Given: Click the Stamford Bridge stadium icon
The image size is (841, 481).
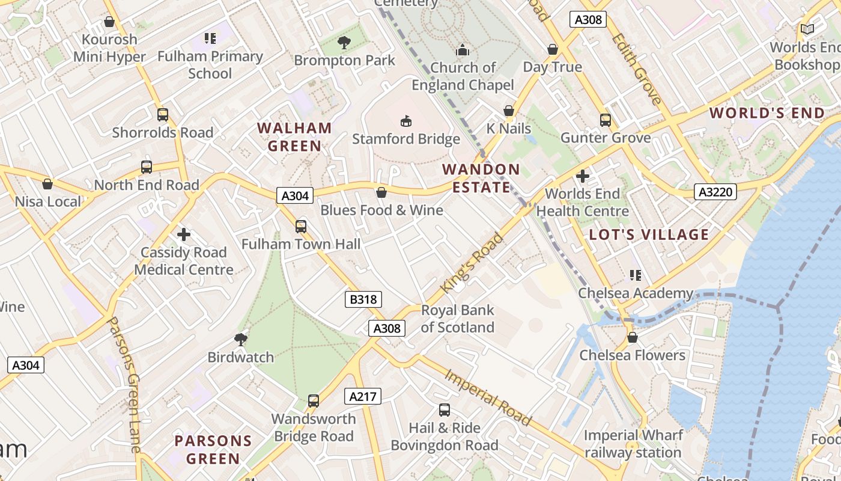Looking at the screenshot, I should (x=406, y=121).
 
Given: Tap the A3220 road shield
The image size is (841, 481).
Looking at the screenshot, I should (x=715, y=192).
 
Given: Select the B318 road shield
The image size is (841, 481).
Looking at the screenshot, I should (x=363, y=299).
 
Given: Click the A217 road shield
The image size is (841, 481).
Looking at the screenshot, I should (x=363, y=396).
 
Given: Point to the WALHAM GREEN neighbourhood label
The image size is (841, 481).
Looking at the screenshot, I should (x=294, y=137).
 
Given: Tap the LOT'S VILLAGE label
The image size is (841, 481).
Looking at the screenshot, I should (x=649, y=234).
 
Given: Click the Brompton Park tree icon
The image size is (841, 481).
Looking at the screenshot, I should (x=344, y=43).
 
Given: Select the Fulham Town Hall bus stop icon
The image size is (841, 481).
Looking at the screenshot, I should (x=301, y=227).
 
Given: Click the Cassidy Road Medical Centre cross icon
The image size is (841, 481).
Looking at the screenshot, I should (x=184, y=234).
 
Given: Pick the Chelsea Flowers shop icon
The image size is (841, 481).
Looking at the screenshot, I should (x=632, y=338).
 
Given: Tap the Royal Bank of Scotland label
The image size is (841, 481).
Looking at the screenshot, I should (x=457, y=319).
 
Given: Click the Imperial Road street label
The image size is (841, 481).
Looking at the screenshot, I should (x=488, y=397).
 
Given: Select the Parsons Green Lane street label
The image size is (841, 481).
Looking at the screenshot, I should (x=126, y=385).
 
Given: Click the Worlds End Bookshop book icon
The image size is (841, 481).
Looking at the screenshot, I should (x=807, y=29).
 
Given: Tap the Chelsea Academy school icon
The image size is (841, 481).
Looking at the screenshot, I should (x=636, y=275).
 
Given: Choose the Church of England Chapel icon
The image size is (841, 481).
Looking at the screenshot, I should (x=463, y=50).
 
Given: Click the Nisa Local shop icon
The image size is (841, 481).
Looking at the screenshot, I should (x=47, y=184).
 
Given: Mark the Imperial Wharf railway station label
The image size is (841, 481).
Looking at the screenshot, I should (x=633, y=444).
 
